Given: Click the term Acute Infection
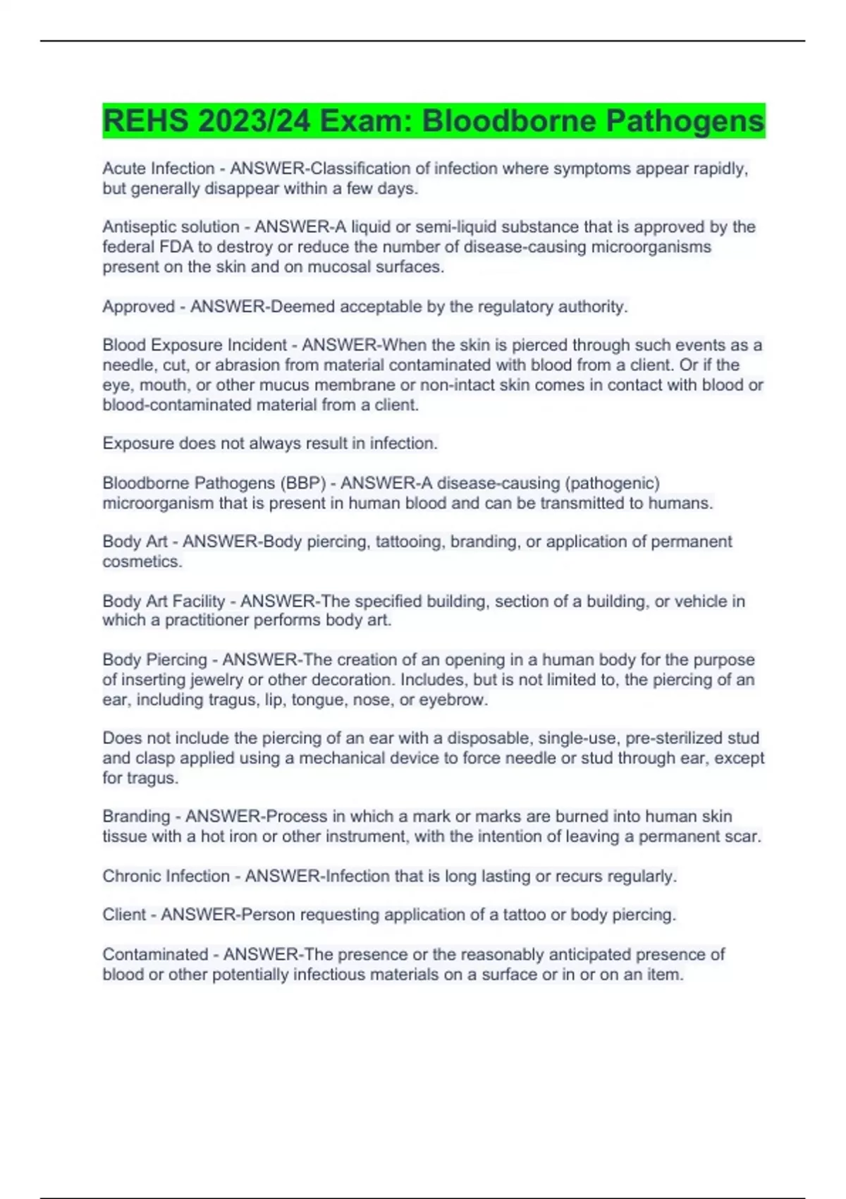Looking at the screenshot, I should click(158, 169).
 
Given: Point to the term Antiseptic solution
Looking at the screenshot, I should click(171, 227).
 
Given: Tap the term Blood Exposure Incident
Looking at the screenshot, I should click(195, 346).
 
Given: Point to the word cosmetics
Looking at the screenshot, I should click(142, 561).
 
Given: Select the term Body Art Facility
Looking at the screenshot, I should click(164, 602).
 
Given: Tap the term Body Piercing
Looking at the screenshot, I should click(154, 660).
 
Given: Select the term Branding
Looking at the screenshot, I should click(136, 817).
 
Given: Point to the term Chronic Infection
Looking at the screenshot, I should click(166, 876).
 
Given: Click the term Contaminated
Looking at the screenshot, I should click(155, 955).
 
